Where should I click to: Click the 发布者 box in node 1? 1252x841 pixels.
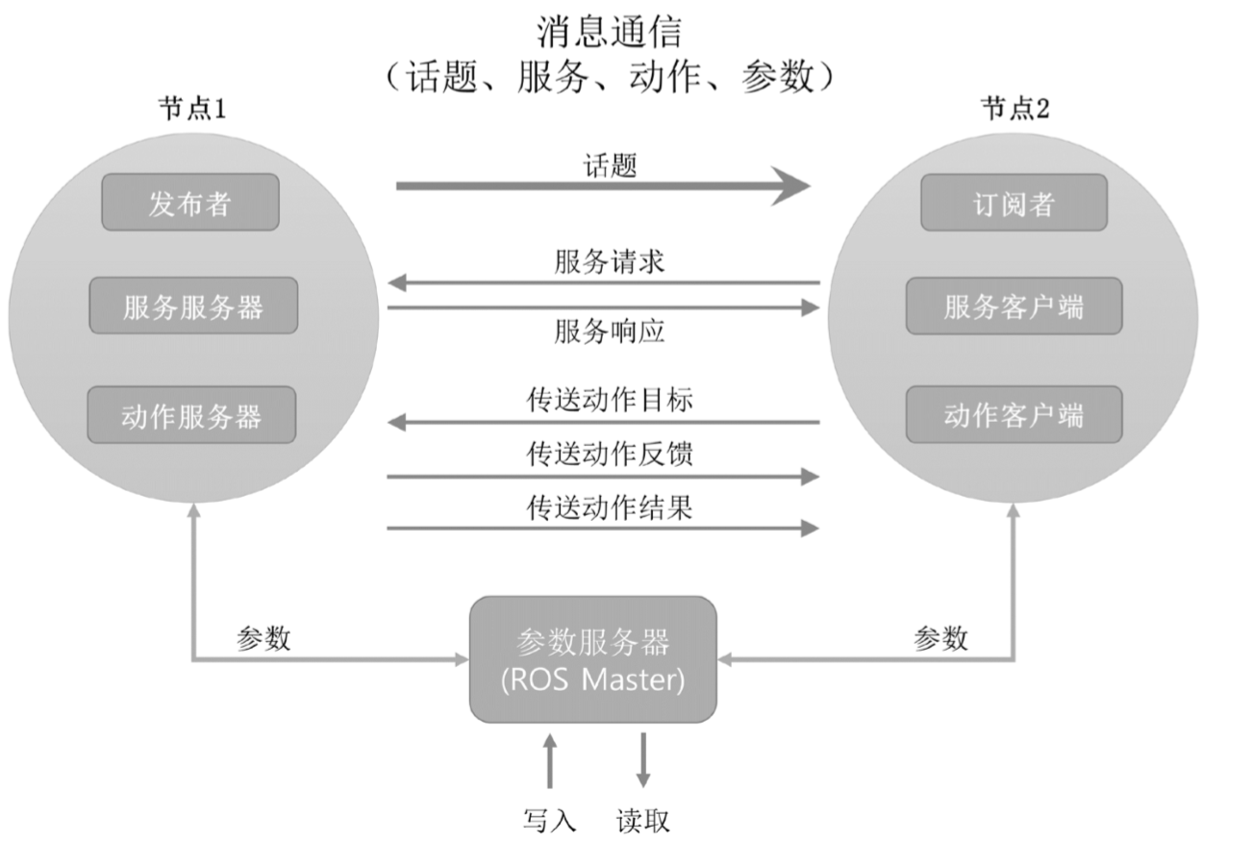(190, 202)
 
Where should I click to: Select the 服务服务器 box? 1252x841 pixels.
(193, 307)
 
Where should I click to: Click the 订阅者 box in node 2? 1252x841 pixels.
(1014, 202)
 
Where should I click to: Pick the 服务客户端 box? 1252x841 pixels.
(1013, 307)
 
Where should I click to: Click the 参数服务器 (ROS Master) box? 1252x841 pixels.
(592, 659)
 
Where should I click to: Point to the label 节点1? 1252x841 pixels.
(192, 109)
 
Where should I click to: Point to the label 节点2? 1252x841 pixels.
(1015, 109)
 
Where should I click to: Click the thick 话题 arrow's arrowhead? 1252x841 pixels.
(792, 186)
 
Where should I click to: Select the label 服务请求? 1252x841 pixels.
(609, 261)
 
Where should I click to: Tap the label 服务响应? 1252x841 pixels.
(609, 332)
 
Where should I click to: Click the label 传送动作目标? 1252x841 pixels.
(610, 400)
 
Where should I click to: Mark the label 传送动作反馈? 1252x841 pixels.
(610, 453)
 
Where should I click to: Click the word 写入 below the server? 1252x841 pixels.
(549, 820)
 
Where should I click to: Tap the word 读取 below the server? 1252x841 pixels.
(642, 820)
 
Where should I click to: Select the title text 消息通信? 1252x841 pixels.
(609, 32)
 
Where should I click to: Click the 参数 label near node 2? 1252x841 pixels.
(940, 637)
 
